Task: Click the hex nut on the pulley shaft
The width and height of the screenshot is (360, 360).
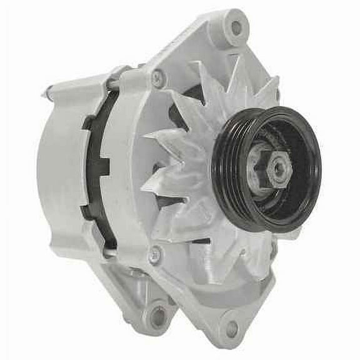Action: point(268,169)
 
